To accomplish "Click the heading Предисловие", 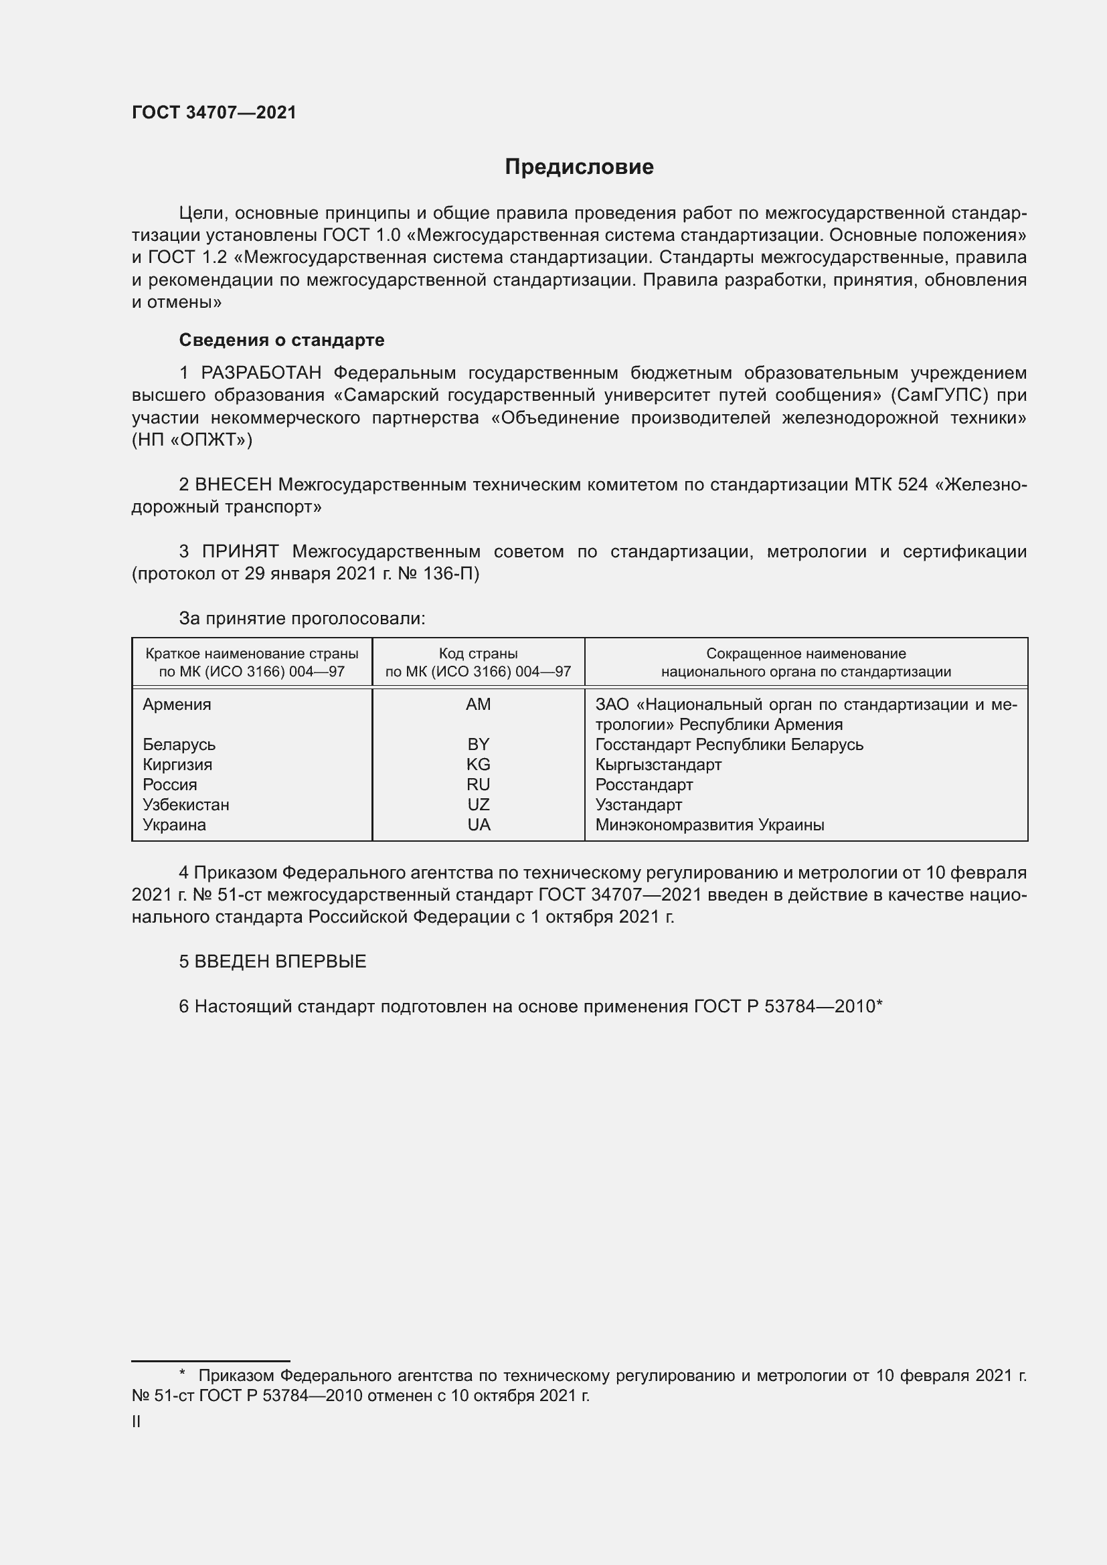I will (x=579, y=167).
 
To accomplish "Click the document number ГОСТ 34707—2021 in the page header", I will (x=214, y=112).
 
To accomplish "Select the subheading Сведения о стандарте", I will (x=282, y=339).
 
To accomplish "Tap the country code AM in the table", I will (x=478, y=704).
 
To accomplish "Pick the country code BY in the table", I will (x=478, y=744).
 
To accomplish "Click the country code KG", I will (x=478, y=764).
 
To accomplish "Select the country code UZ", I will (x=478, y=804).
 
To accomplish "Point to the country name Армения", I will (x=177, y=704).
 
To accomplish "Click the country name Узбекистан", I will (x=185, y=804).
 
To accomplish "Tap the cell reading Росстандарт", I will (x=643, y=785).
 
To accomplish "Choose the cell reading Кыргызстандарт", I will (x=658, y=764).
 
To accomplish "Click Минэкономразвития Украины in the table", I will (x=709, y=825).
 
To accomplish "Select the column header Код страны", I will (x=478, y=653).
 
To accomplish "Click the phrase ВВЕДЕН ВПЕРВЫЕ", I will (x=280, y=961).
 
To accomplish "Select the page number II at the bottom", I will (x=137, y=1421).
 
